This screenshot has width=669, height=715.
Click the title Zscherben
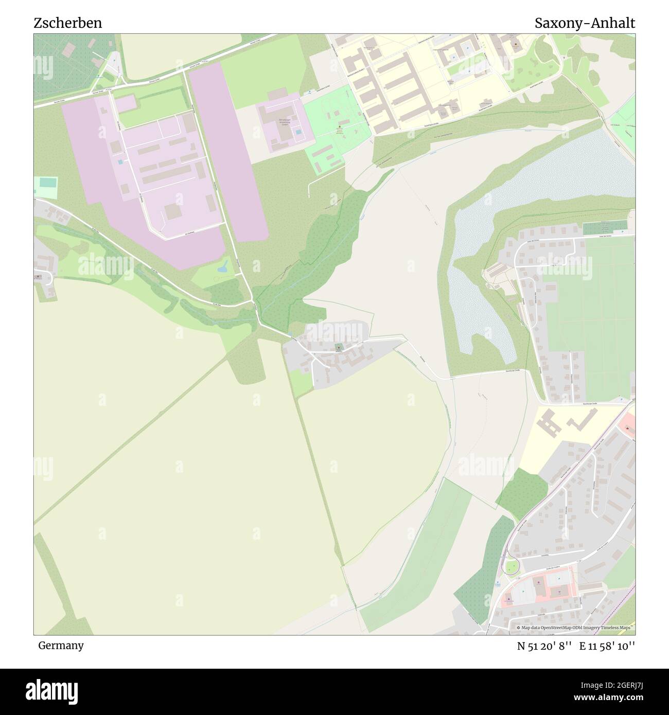(x=67, y=23)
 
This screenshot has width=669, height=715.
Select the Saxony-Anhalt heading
(x=585, y=23)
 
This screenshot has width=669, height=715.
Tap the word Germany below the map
(x=60, y=645)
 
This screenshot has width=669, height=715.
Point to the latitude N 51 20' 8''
(x=545, y=646)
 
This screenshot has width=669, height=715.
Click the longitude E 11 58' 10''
(x=607, y=646)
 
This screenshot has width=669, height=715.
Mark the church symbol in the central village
(x=339, y=348)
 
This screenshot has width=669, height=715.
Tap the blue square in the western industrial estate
(x=120, y=162)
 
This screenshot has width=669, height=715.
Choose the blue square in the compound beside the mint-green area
(x=299, y=132)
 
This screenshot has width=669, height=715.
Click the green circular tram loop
(x=511, y=567)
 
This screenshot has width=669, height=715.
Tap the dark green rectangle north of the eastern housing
(x=605, y=226)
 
